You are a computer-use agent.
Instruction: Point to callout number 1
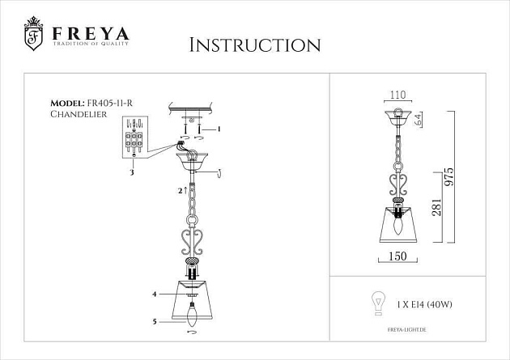click(x=218, y=129)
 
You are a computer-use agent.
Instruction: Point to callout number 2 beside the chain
click(x=180, y=191)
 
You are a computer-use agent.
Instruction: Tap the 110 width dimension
click(x=398, y=95)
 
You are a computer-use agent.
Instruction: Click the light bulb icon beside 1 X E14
click(x=376, y=303)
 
